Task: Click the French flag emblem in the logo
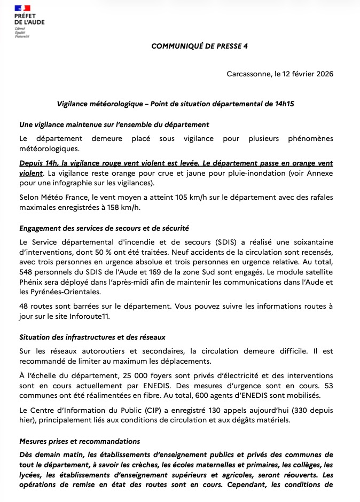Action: click(x=23, y=8)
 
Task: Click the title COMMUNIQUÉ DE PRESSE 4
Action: click(x=199, y=46)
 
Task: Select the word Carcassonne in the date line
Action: click(x=247, y=74)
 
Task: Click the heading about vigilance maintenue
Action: click(x=114, y=124)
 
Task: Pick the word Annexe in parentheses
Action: click(x=319, y=174)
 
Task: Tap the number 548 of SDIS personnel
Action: click(x=27, y=271)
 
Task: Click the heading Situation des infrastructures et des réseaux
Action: click(x=92, y=337)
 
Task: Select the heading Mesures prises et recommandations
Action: click(x=80, y=442)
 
